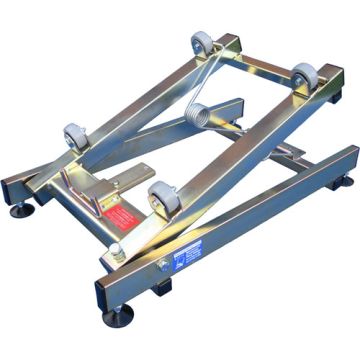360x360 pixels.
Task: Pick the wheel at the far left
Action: click(74, 138)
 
